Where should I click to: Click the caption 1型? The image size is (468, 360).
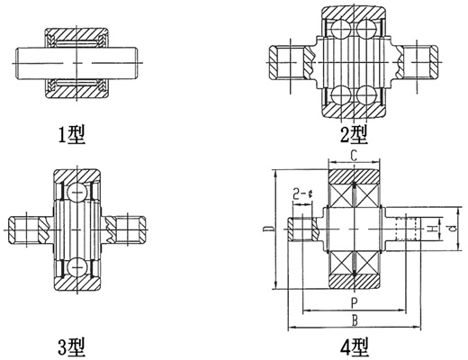(x=71, y=135)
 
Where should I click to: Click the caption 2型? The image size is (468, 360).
(x=354, y=134)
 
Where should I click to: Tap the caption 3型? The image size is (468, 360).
(x=71, y=347)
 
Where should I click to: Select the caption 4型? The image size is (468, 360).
(x=355, y=347)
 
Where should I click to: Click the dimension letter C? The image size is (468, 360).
(x=354, y=156)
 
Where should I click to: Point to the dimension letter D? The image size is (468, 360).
(x=266, y=229)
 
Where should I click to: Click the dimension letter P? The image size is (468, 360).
(x=354, y=303)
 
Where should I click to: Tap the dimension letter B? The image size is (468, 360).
(x=355, y=320)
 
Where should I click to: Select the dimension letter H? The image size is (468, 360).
(x=433, y=229)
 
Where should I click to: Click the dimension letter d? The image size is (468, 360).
(x=454, y=229)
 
